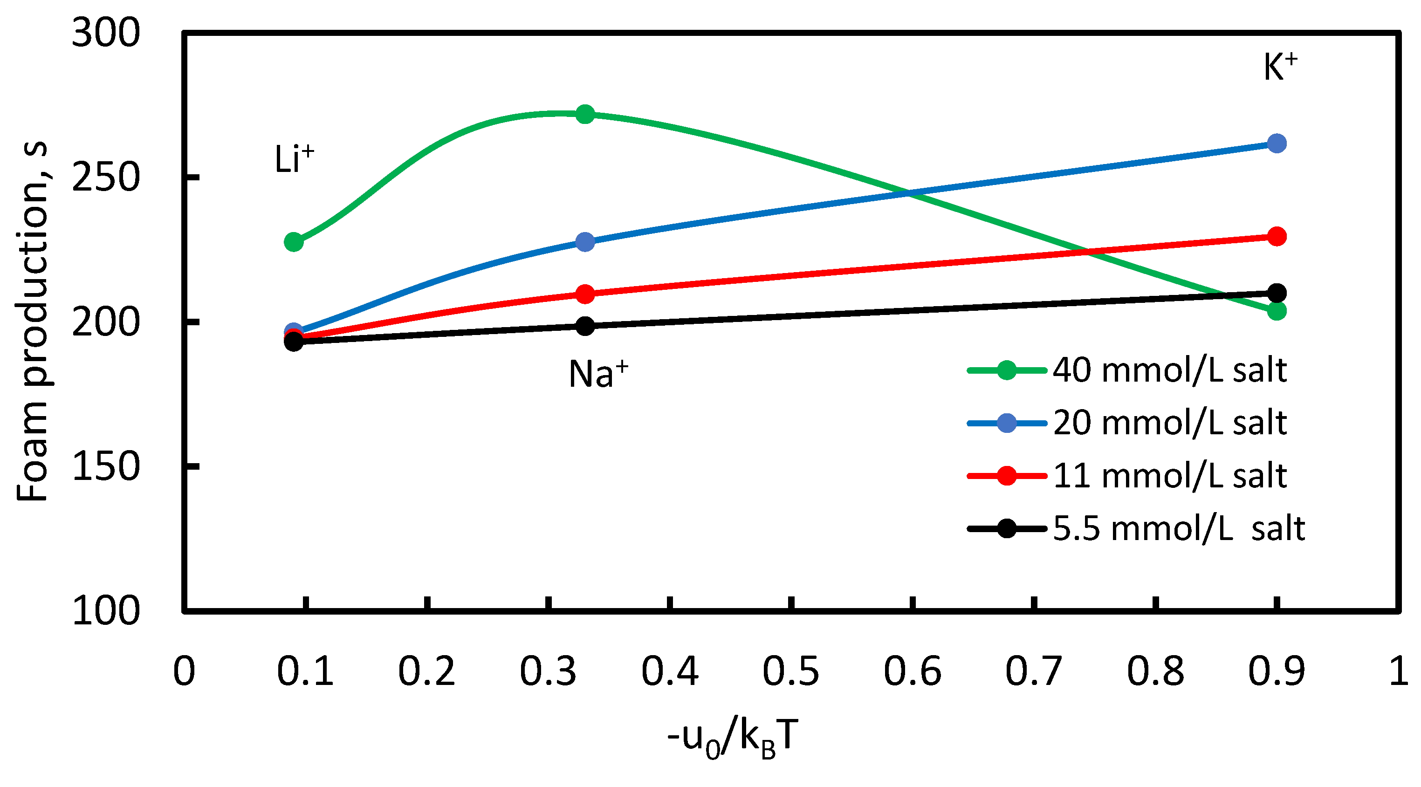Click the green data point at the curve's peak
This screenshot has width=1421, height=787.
[585, 115]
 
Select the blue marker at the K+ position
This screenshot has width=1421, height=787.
[1277, 144]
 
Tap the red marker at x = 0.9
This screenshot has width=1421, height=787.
[1277, 237]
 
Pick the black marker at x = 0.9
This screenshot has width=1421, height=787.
[1277, 293]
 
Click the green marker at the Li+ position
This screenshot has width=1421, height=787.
[294, 241]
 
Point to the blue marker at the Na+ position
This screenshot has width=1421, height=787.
[585, 241]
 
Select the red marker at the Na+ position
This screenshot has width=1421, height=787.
[585, 294]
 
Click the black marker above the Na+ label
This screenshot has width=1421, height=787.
[585, 326]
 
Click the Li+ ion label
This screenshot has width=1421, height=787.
[294, 159]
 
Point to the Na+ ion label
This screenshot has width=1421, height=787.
[598, 374]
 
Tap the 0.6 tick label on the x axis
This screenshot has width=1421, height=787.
[913, 672]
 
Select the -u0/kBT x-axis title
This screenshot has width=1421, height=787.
[733, 739]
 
